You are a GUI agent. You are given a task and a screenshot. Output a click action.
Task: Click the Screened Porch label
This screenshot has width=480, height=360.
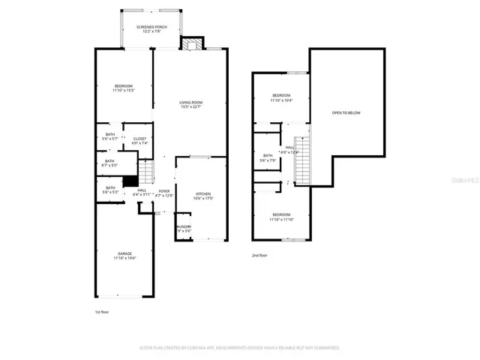(151, 29)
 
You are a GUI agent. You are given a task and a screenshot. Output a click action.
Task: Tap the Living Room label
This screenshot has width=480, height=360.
(190, 104)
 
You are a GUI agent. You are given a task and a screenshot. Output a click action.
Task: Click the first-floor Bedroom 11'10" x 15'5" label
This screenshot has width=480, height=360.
(124, 88)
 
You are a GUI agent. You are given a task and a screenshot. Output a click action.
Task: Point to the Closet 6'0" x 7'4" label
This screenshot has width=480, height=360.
(139, 140)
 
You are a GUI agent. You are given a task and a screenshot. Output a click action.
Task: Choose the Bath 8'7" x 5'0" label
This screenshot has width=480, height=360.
(109, 163)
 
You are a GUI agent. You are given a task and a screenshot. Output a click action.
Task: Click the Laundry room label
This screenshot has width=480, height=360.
(184, 229)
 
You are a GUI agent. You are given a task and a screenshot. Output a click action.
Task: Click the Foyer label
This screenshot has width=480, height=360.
(163, 193)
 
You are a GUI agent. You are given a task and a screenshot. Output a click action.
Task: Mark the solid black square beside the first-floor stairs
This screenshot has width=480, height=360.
(130, 181)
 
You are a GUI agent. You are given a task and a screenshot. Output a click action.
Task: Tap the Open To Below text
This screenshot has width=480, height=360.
(346, 112)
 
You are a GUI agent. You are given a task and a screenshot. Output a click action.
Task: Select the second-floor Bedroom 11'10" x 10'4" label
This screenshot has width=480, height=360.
(281, 97)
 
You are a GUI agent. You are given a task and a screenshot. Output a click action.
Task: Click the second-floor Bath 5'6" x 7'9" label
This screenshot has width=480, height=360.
(268, 158)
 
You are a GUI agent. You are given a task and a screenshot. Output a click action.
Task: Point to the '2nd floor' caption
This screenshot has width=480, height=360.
(260, 256)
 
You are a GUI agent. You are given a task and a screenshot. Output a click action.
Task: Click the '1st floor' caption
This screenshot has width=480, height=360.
(101, 310)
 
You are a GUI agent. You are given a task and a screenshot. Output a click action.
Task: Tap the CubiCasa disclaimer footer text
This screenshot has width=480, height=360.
(240, 348)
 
